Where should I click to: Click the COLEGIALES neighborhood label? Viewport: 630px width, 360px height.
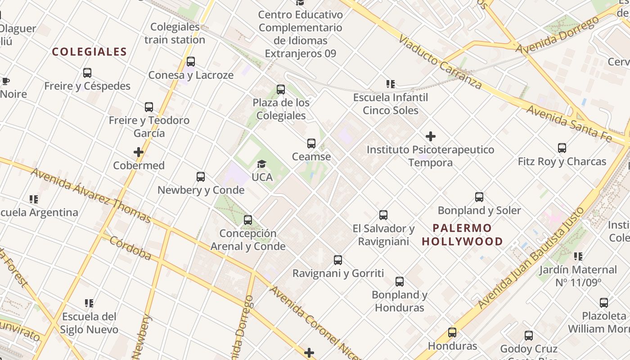pyautogui.click(x=89, y=52)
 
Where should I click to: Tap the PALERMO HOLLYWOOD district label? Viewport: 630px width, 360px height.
pyautogui.click(x=462, y=234)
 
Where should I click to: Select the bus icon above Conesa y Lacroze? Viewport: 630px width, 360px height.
pyautogui.click(x=191, y=62)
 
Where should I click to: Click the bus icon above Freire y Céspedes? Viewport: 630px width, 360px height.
pyautogui.click(x=87, y=72)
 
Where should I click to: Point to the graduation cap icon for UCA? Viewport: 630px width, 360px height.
pyautogui.click(x=261, y=164)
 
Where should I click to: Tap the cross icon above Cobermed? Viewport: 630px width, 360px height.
pyautogui.click(x=139, y=152)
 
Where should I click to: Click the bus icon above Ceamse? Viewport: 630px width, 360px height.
pyautogui.click(x=311, y=144)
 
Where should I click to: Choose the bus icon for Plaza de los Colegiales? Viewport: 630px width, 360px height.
pyautogui.click(x=281, y=90)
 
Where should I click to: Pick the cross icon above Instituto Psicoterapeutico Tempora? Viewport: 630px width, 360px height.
pyautogui.click(x=430, y=136)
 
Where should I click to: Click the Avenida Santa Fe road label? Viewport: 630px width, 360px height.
pyautogui.click(x=570, y=123)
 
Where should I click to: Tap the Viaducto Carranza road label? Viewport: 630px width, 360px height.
pyautogui.click(x=440, y=62)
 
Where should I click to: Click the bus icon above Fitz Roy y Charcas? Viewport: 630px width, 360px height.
pyautogui.click(x=562, y=148)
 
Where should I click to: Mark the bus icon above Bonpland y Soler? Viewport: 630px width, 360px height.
pyautogui.click(x=479, y=197)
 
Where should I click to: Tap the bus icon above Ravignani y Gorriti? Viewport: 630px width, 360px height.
pyautogui.click(x=338, y=260)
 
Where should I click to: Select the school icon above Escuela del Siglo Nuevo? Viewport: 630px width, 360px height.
pyautogui.click(x=89, y=303)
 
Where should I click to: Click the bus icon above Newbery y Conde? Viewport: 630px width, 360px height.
pyautogui.click(x=201, y=177)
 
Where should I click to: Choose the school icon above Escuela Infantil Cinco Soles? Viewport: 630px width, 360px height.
pyautogui.click(x=390, y=84)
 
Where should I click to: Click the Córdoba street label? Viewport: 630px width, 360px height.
pyautogui.click(x=130, y=248)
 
